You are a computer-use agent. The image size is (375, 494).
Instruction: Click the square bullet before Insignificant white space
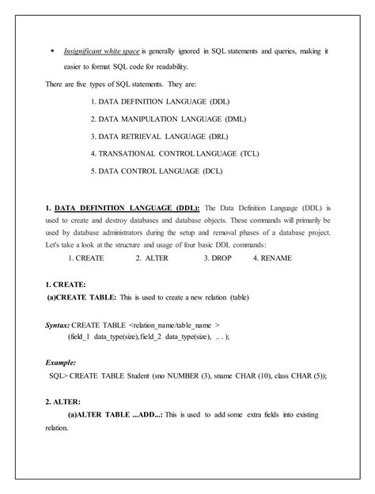click(52, 51)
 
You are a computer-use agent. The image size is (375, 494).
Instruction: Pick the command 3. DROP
click(218, 257)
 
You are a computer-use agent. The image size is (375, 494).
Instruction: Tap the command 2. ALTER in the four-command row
click(150, 257)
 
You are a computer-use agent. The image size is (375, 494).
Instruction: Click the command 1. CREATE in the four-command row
click(87, 257)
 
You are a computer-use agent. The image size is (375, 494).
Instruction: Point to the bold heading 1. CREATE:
click(66, 283)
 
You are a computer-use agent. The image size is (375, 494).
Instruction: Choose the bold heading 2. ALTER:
click(62, 402)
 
